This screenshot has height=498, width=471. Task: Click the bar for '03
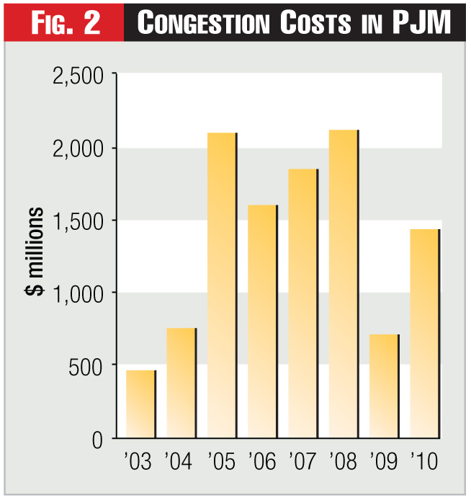[140, 404]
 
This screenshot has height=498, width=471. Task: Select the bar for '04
[181, 383]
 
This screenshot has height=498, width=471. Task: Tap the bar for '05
[221, 285]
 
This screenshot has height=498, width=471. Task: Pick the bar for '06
[262, 321]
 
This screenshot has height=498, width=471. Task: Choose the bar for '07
[302, 303]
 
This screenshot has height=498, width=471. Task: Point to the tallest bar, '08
[343, 284]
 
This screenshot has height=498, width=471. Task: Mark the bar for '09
[383, 386]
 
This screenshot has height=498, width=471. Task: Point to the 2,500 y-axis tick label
[76, 76]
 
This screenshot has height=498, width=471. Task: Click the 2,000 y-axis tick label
[76, 148]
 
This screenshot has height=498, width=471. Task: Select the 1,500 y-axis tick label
[76, 221]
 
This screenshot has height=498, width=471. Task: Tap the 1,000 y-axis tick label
[76, 293]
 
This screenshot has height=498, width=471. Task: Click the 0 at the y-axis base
[99, 438]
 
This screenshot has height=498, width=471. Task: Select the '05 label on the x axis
[221, 462]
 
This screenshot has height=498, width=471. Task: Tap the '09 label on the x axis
[383, 462]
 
